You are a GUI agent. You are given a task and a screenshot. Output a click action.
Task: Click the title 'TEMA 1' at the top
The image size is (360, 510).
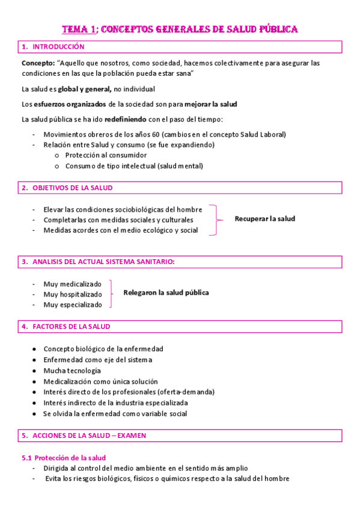coord(81,29)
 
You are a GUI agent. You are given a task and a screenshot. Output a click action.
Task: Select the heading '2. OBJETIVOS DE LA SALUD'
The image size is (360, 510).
coord(67,188)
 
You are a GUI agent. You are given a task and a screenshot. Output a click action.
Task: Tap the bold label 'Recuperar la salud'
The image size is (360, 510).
coord(264,219)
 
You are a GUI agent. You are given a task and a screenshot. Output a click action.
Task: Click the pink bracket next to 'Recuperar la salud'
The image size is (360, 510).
coord(217,220)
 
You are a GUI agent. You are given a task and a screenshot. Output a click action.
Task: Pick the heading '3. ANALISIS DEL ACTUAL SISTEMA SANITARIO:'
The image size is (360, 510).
coord(98,262)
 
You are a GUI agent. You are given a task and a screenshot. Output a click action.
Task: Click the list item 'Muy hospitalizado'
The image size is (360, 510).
coord(72,294)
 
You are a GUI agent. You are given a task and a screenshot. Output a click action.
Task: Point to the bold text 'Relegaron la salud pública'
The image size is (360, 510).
coord(166,293)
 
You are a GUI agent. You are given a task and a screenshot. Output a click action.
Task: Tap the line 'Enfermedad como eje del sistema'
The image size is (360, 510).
coord(97,360)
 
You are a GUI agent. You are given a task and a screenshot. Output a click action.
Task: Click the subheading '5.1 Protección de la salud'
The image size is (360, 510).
coord(63,458)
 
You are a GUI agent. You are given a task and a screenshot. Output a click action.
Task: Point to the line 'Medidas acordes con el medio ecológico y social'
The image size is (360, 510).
coord(120,230)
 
